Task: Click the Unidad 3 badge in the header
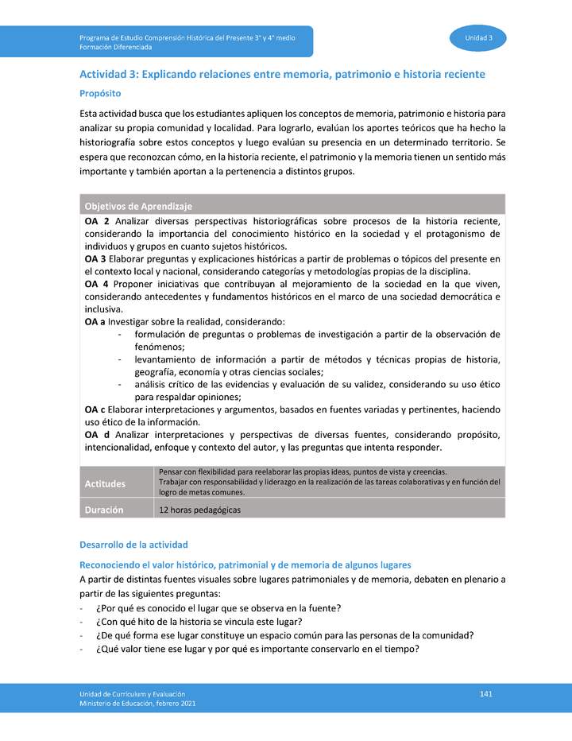pos(479,38)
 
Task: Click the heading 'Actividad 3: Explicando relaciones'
pos(282,74)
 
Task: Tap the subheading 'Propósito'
pos(100,93)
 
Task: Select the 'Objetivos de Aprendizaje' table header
pos(138,206)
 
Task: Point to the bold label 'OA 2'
pos(96,220)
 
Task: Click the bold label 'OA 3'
pos(95,258)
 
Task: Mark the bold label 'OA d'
pos(95,435)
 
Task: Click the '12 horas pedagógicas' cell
pos(199,510)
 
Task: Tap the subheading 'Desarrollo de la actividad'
pos(133,545)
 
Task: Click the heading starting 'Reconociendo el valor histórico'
pos(245,564)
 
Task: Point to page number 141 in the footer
pos(486,694)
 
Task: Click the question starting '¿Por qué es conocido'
pos(218,608)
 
